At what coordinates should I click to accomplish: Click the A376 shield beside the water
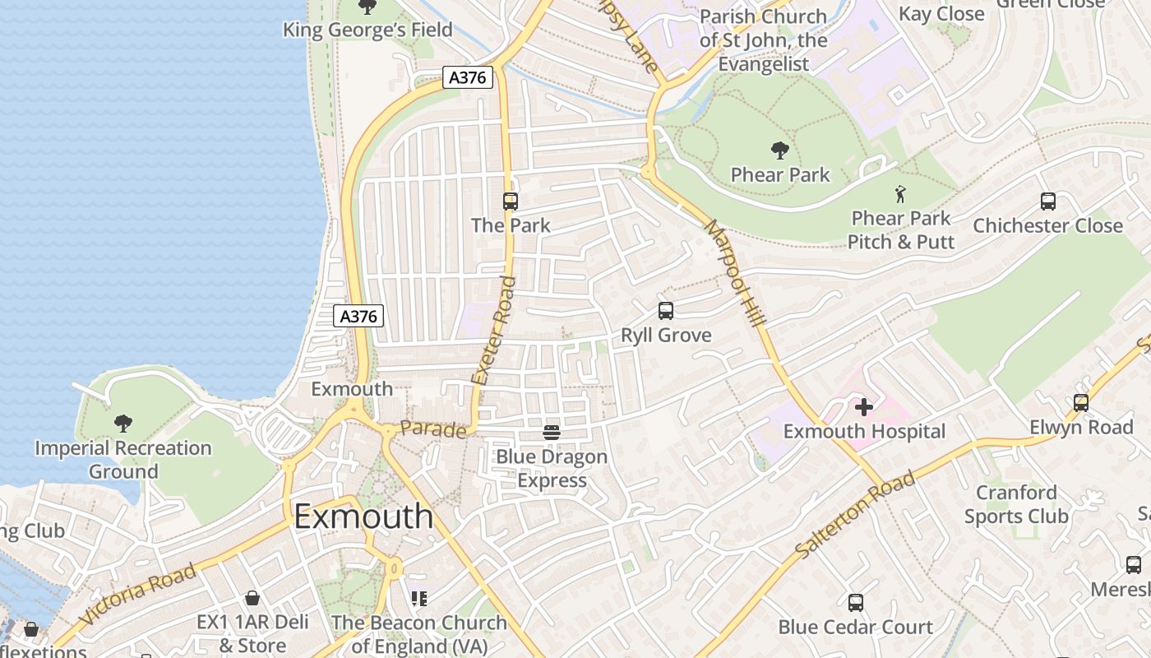click(359, 316)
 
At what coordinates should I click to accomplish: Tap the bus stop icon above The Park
click(510, 201)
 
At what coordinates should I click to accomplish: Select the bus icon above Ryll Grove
click(666, 311)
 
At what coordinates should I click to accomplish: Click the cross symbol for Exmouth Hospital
click(863, 406)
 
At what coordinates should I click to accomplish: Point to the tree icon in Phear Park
click(779, 151)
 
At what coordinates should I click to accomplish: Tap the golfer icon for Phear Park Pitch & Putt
click(901, 195)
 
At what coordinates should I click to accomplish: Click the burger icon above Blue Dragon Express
click(552, 432)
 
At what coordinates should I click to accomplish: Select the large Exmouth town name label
click(363, 517)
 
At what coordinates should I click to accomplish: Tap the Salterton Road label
click(855, 515)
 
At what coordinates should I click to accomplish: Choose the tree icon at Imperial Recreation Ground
click(123, 424)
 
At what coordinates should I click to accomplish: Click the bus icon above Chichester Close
click(1047, 202)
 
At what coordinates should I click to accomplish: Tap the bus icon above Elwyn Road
click(1081, 403)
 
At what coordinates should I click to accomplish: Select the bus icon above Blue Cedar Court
click(855, 603)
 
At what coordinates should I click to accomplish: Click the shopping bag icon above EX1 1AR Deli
click(252, 598)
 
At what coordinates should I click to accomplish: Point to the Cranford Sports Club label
click(1016, 504)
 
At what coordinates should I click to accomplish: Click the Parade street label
click(433, 429)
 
